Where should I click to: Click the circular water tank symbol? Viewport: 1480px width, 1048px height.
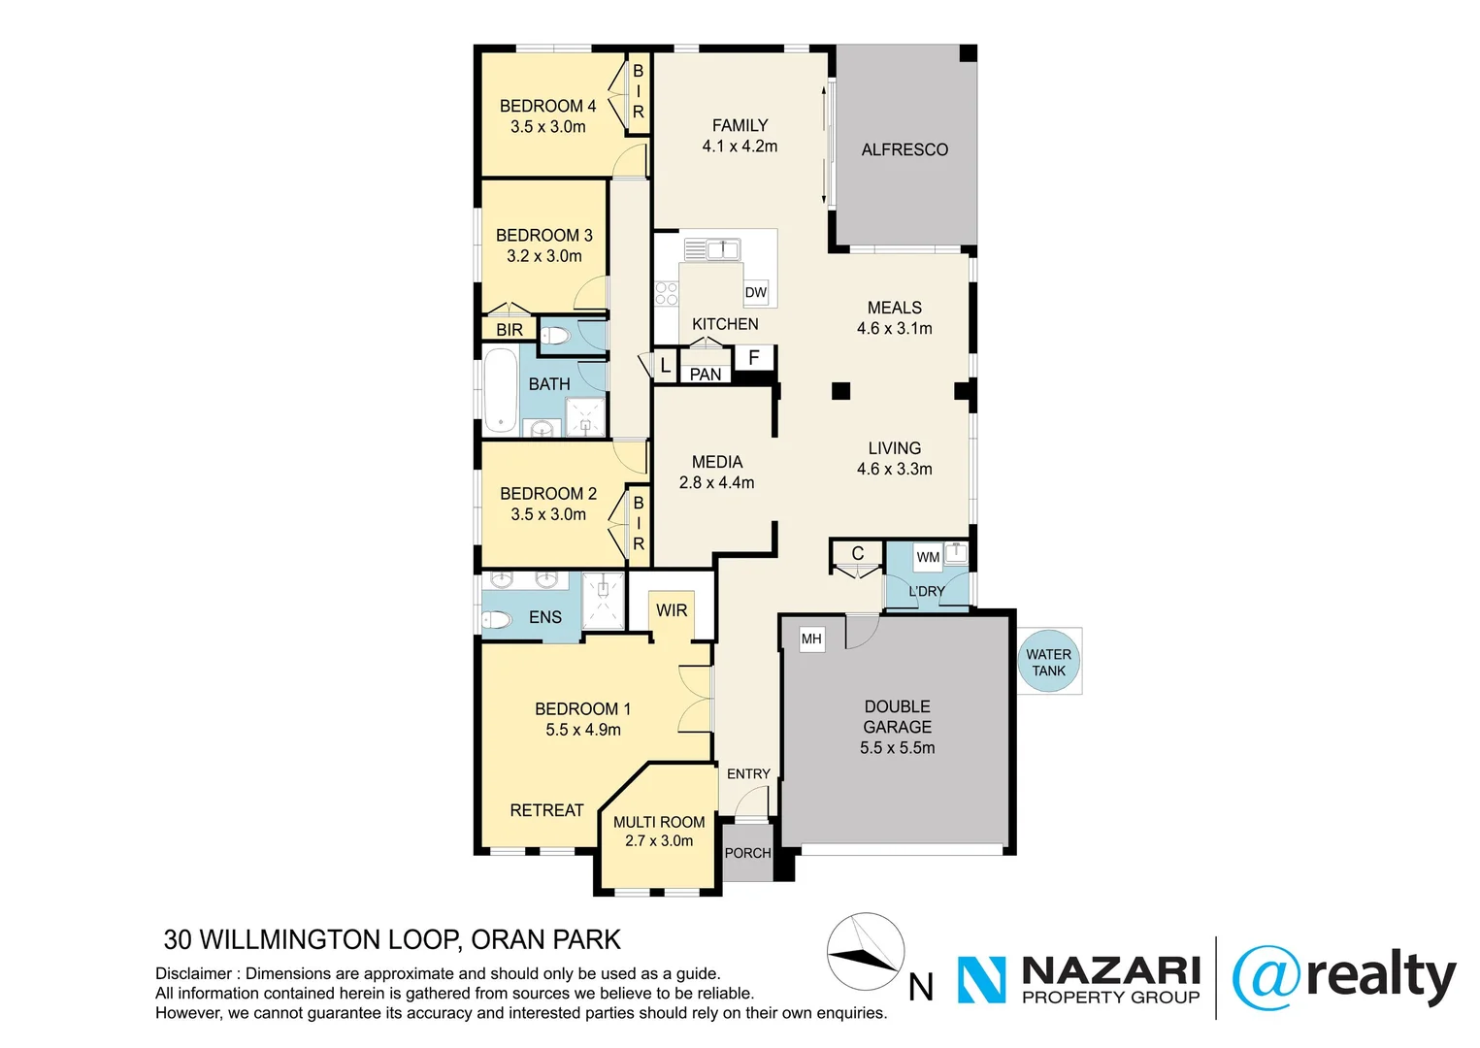[x=1048, y=662]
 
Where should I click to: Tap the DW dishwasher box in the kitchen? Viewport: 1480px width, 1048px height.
[x=755, y=292]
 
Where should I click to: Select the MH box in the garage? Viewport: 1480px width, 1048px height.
[x=811, y=639]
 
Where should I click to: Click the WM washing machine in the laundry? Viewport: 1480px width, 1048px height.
[x=928, y=557]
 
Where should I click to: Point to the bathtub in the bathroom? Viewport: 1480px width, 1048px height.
[x=501, y=390]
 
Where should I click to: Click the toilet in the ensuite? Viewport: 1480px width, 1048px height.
[x=497, y=619]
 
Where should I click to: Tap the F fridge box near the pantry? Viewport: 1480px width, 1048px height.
[x=753, y=358]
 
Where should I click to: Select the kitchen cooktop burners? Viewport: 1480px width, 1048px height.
[x=666, y=293]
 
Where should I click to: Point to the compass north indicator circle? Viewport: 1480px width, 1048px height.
[x=865, y=952]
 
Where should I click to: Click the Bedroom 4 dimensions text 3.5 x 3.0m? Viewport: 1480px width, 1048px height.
[x=548, y=127]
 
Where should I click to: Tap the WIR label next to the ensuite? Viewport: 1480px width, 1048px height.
[x=672, y=610]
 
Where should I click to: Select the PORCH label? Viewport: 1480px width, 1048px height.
[x=747, y=853]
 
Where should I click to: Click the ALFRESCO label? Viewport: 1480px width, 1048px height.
[x=904, y=149]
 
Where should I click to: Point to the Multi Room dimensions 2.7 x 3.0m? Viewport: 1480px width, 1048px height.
[x=659, y=841]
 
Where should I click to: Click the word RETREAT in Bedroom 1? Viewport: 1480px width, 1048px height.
[x=546, y=810]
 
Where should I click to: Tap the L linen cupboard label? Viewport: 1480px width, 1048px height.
[x=665, y=366]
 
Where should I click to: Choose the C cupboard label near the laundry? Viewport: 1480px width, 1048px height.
[x=857, y=553]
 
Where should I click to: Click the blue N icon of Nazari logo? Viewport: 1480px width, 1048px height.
[x=982, y=979]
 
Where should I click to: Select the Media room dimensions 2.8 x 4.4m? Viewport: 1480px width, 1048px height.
[x=716, y=482]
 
